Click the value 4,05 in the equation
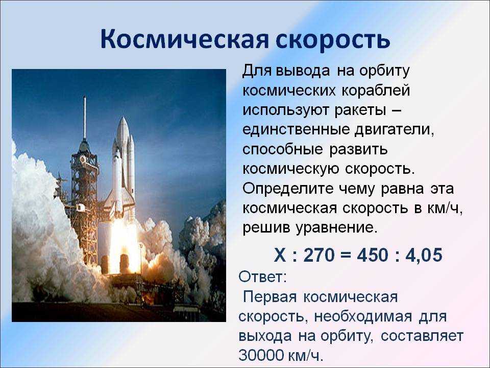(424, 255)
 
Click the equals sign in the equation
(346, 255)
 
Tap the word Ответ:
(262, 277)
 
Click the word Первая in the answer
(269, 297)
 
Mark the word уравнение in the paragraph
(334, 228)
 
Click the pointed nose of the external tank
(123, 120)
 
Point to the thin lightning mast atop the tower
(84, 118)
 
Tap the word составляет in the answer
(422, 336)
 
